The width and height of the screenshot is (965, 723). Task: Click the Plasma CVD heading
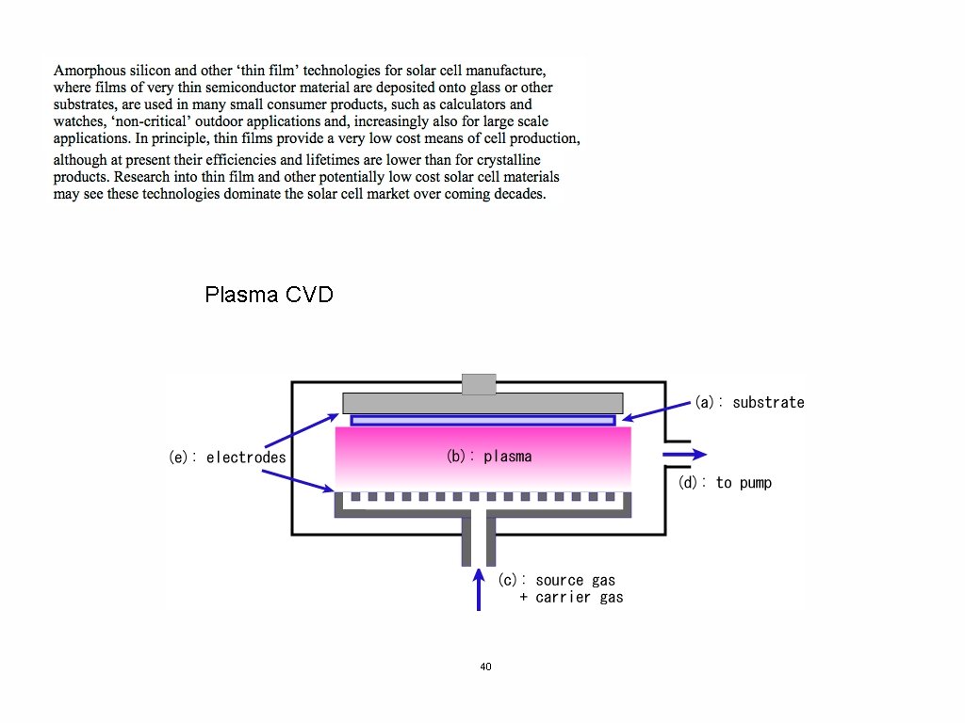click(269, 295)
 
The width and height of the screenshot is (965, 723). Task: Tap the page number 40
click(485, 667)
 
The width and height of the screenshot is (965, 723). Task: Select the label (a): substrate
click(749, 402)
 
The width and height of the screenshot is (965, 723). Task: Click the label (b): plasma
click(489, 457)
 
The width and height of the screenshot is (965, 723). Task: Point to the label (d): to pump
click(725, 483)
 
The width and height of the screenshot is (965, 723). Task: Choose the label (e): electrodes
click(226, 458)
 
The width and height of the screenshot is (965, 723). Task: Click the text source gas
click(575, 580)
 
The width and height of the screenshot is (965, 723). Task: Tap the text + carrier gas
click(571, 597)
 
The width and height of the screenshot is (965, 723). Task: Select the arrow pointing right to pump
click(684, 455)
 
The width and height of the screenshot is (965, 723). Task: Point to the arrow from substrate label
click(657, 410)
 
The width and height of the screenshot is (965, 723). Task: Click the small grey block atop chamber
click(479, 383)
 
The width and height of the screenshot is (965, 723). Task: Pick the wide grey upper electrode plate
click(482, 403)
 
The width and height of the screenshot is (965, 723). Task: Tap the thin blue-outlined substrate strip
click(482, 420)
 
